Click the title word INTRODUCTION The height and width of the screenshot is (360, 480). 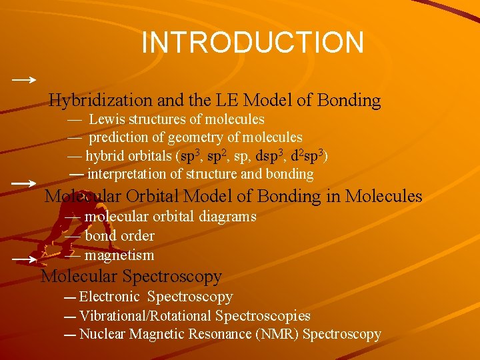253,43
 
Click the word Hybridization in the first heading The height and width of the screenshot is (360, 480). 101,101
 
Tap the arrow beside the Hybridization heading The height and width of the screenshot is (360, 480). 24,79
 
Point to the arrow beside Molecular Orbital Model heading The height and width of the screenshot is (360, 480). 24,182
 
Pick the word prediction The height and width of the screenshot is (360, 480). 120,138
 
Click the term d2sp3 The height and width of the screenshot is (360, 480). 308,156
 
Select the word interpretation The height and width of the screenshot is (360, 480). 127,175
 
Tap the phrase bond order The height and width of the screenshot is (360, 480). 119,236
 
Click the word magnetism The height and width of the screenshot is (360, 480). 119,255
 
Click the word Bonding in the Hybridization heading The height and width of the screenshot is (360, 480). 349,101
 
